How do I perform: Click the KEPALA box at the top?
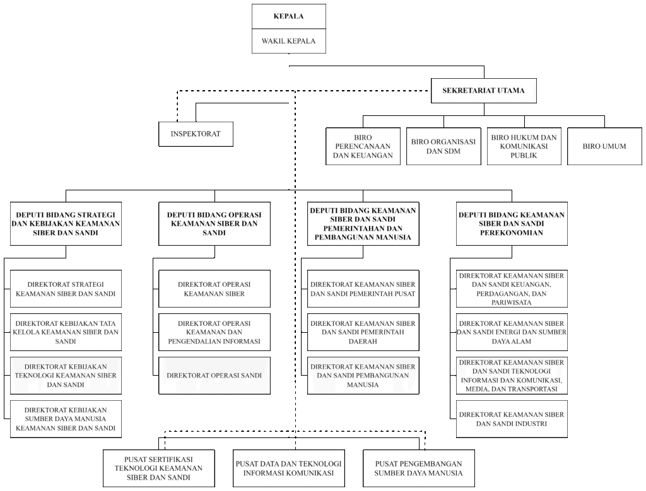[289, 16]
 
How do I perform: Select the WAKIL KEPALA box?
[289, 41]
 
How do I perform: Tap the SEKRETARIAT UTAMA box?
[484, 91]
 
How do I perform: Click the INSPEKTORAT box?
[196, 134]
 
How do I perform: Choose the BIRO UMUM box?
[604, 146]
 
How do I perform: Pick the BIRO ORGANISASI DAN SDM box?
[443, 146]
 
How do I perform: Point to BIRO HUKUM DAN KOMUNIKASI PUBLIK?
[524, 146]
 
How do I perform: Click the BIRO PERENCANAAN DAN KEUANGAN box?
[363, 146]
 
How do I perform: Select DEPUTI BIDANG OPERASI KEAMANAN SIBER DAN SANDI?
[214, 224]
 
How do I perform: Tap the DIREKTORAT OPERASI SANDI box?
[214, 376]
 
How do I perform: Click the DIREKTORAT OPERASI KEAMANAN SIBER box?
[214, 289]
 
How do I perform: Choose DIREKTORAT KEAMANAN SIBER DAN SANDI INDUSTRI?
[512, 419]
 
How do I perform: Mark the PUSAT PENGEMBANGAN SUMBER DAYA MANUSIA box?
[419, 468]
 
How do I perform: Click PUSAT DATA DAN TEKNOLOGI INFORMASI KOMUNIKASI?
[288, 468]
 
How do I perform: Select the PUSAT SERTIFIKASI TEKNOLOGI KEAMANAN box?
[158, 468]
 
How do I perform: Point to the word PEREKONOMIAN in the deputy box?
[512, 233]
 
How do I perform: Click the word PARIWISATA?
[512, 302]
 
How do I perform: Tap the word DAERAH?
[363, 341]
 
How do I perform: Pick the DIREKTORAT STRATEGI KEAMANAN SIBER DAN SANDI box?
[66, 289]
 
